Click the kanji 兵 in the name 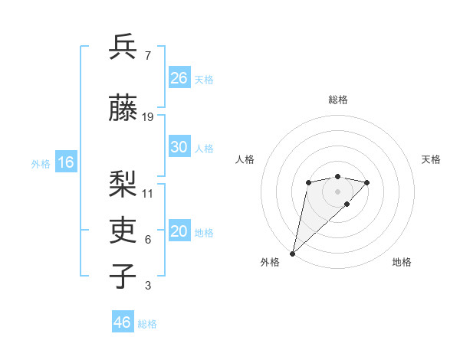click(123, 48)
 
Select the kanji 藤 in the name click(123, 109)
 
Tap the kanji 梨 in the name click(123, 184)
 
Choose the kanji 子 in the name click(123, 277)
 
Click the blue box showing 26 click(179, 78)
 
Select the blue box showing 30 click(179, 148)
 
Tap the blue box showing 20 click(179, 232)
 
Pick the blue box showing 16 click(66, 162)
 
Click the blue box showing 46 click(123, 322)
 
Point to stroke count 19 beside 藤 click(148, 117)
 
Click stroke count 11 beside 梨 click(148, 193)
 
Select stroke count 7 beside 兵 click(147, 56)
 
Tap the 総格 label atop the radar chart click(338, 100)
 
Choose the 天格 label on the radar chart click(431, 159)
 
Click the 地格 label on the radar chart click(402, 263)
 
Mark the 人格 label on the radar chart click(245, 159)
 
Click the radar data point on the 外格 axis click(292, 253)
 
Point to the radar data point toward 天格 click(367, 182)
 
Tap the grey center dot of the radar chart click(337, 191)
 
